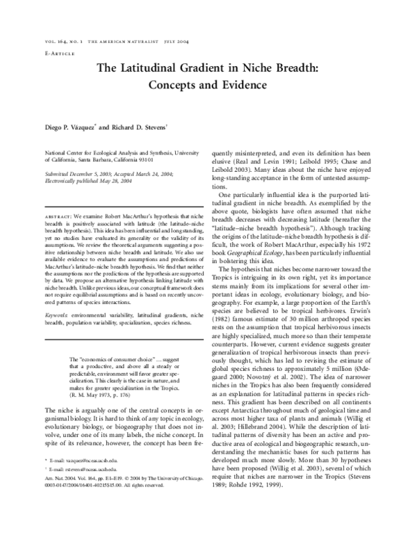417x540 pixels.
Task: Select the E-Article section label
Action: tap(60, 53)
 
